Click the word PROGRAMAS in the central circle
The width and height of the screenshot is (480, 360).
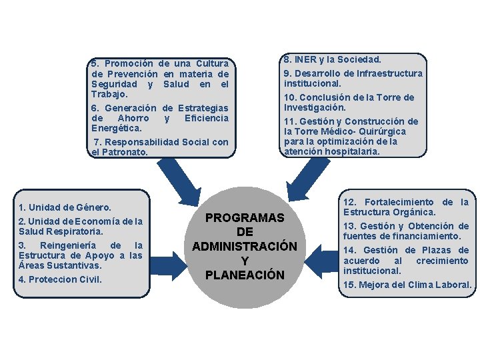tap(245, 218)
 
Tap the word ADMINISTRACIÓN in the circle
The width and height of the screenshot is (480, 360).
tap(245, 246)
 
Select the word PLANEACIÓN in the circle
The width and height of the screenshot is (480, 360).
tap(245, 275)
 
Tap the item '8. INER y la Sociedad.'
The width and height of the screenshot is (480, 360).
tap(333, 60)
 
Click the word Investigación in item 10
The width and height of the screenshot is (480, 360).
tap(315, 107)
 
